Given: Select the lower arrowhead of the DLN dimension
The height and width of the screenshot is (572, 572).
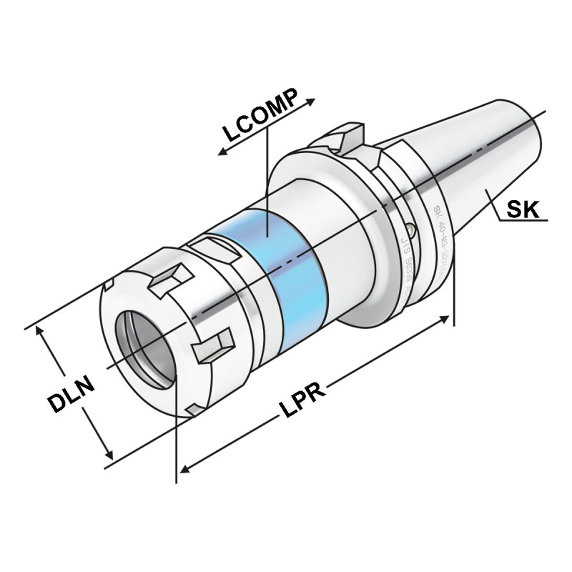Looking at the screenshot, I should coord(109,455).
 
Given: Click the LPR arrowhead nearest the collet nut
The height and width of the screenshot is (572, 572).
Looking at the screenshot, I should coord(183,469).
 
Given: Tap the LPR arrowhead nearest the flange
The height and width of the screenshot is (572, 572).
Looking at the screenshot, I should coord(448,318).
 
